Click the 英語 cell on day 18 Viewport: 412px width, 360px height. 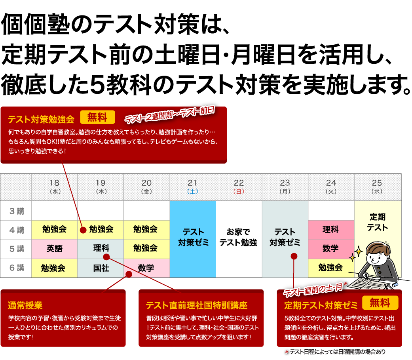click(54, 249)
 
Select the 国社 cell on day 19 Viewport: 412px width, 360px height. click(101, 268)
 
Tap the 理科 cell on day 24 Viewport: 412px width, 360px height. click(330, 229)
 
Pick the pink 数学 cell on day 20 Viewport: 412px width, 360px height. click(146, 268)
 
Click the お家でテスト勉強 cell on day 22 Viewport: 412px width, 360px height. click(239, 237)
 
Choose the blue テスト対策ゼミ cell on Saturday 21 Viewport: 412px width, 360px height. click(193, 237)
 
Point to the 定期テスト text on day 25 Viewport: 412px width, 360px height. click(377, 222)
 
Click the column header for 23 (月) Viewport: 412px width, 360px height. click(285, 187)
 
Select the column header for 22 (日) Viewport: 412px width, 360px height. click(239, 187)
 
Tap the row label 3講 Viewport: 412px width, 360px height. click(17, 211)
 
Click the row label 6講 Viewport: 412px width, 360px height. click(17, 268)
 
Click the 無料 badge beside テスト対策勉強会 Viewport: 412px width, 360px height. click(97, 117)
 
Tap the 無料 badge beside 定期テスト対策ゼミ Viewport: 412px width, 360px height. click(380, 303)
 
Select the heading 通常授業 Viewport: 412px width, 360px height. click(25, 305)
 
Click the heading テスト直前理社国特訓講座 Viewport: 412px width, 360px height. click(196, 305)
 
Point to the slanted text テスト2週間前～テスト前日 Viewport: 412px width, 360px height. click(170, 114)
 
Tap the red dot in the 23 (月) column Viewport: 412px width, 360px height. click(294, 256)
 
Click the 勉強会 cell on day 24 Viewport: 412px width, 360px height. click(330, 268)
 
